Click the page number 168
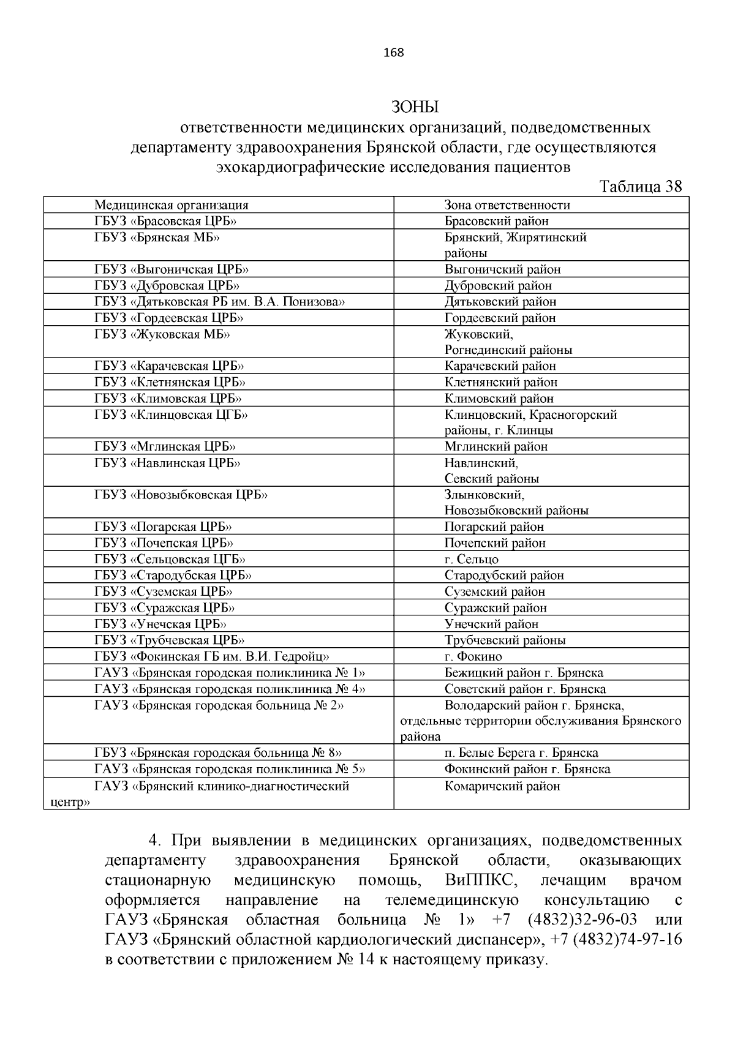393,53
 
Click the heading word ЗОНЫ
415,107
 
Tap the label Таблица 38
641,187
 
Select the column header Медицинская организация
171,205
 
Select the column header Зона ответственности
507,205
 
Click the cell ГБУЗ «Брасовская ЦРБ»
165,221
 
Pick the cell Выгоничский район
502,269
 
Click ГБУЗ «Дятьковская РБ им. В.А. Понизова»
220,302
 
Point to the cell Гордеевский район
500,318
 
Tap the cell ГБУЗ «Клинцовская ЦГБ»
171,414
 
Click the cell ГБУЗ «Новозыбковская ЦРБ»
181,495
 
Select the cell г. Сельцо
471,559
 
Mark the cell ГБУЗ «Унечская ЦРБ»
160,624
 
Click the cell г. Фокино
473,656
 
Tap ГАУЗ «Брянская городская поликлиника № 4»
230,689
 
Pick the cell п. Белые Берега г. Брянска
521,753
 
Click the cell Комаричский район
502,786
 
